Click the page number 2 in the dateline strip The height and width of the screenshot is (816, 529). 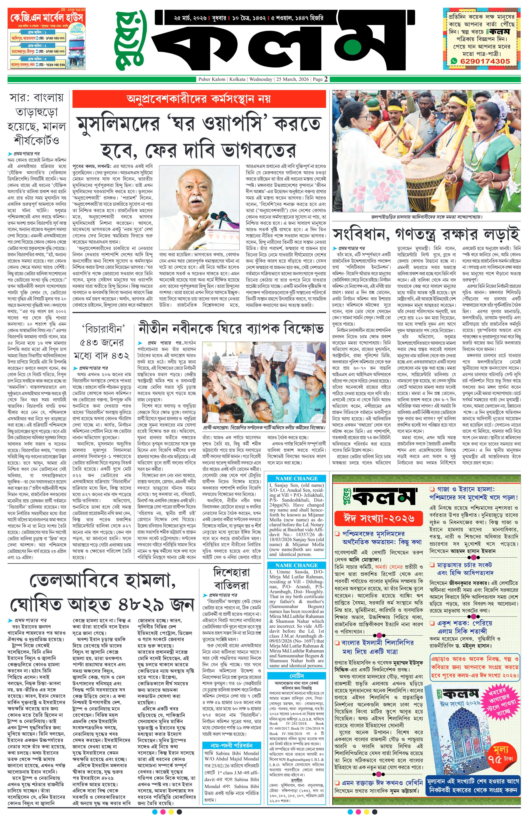326,79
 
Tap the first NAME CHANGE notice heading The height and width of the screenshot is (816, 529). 296,478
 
